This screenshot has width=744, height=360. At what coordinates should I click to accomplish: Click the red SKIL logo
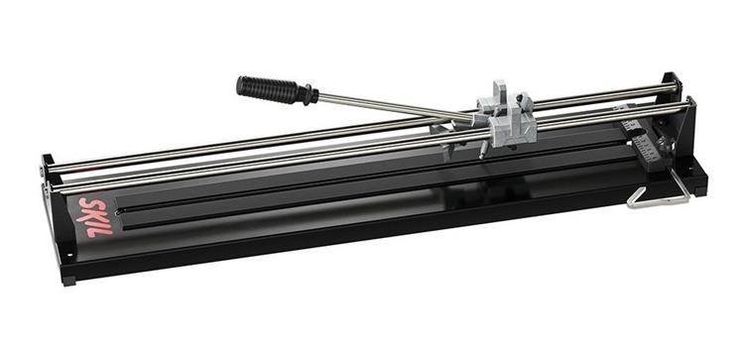point(95,217)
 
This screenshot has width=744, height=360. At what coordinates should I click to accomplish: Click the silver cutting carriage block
point(507,118)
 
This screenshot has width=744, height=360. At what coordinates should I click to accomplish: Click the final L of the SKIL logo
point(103,230)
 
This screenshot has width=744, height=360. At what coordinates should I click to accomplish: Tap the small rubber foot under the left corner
point(69,281)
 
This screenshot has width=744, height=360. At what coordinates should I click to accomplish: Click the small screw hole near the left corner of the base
point(69,255)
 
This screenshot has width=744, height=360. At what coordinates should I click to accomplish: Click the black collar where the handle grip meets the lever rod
point(310,95)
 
